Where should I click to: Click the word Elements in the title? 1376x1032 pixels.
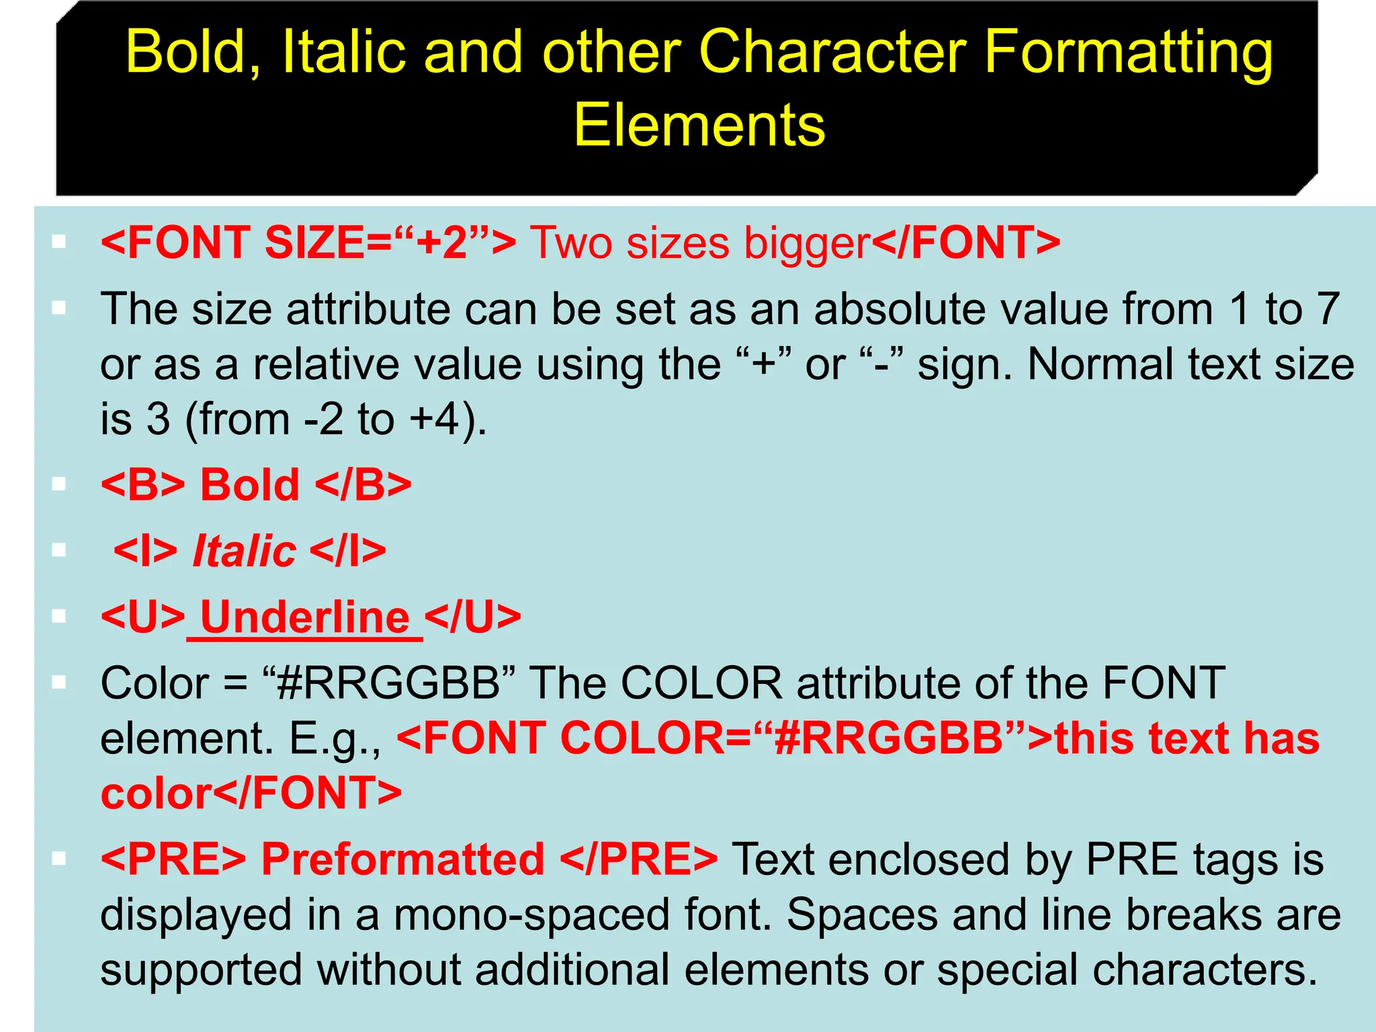point(699,126)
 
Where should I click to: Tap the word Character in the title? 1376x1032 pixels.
point(832,52)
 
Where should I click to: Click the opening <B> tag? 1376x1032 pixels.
point(142,484)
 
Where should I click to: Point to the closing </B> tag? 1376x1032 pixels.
point(363,484)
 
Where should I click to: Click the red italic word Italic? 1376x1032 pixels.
point(245,551)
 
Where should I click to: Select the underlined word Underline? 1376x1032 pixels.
point(305,617)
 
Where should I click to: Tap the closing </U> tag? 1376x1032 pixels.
point(473,617)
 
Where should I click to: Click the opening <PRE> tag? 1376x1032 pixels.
point(173,859)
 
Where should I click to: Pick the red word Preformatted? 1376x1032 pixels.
point(402,859)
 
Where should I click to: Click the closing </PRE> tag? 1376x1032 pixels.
point(638,859)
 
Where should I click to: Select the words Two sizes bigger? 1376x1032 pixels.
point(700,243)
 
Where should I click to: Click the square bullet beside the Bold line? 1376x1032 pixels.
point(59,484)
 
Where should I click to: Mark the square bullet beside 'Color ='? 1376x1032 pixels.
point(59,683)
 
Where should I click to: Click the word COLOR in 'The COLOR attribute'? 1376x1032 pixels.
point(701,683)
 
